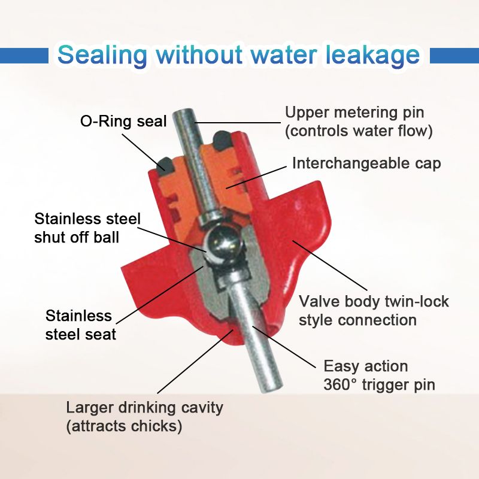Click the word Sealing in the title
(102, 56)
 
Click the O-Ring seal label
(123, 122)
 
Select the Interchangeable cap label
(366, 163)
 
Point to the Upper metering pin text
(354, 113)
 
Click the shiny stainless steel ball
(223, 244)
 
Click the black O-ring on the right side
(222, 140)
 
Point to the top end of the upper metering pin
(183, 114)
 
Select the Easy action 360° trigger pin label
(380, 375)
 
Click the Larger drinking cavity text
(145, 408)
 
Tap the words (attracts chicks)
(124, 426)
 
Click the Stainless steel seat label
(81, 325)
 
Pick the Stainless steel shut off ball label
(87, 228)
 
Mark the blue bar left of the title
(24, 56)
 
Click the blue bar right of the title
(454, 56)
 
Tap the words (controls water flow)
(359, 131)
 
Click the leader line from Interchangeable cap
(257, 178)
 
